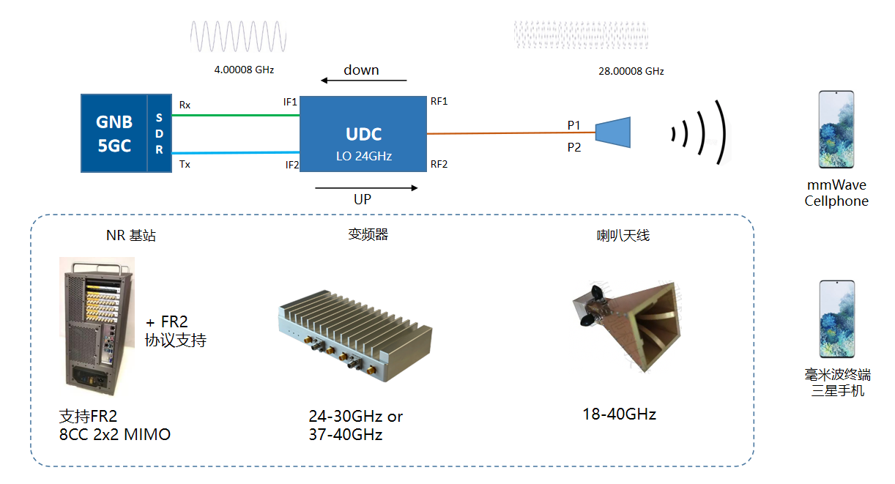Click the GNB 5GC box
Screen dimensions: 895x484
click(114, 133)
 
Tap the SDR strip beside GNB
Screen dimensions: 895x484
click(160, 133)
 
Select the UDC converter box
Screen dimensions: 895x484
click(363, 134)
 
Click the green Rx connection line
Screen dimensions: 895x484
click(236, 116)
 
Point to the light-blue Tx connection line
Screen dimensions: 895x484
click(236, 152)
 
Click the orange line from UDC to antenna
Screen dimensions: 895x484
click(511, 133)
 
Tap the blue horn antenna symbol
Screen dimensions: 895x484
click(613, 133)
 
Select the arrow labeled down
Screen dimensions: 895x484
click(363, 81)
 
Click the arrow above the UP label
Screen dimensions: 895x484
click(366, 187)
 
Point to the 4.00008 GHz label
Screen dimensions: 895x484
click(244, 70)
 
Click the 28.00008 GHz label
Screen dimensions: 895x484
click(631, 72)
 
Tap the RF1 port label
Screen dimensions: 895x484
click(439, 102)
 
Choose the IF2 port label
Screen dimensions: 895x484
click(292, 165)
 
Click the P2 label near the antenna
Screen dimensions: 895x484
click(574, 147)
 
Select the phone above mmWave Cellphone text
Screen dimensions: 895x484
click(836, 130)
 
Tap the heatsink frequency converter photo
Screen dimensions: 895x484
click(355, 336)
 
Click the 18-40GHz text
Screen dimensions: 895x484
click(620, 414)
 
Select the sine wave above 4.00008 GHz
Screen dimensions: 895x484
click(239, 37)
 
